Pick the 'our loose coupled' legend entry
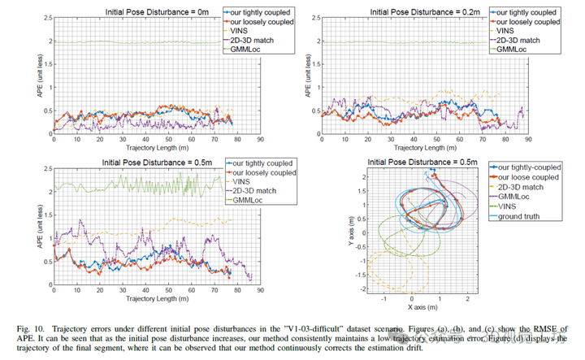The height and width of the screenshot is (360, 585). click(526, 178)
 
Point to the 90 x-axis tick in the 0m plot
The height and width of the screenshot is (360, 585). click(259, 140)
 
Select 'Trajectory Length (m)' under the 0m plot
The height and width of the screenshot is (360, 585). click(156, 149)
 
